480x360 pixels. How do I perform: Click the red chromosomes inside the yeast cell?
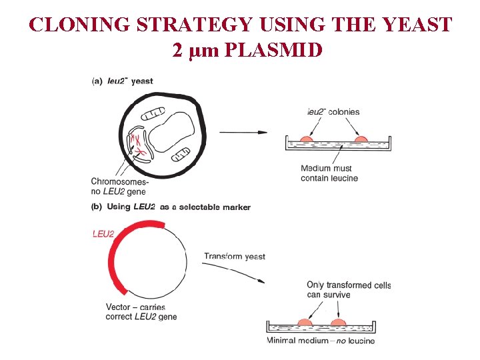137,146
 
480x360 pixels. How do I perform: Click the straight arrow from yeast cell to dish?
243,132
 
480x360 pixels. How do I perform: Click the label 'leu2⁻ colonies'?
333,112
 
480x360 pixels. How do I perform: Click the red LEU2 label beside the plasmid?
103,234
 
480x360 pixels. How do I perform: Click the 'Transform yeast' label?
234,257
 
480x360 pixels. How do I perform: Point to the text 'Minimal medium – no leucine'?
321,341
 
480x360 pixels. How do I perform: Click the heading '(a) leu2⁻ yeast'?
122,81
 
